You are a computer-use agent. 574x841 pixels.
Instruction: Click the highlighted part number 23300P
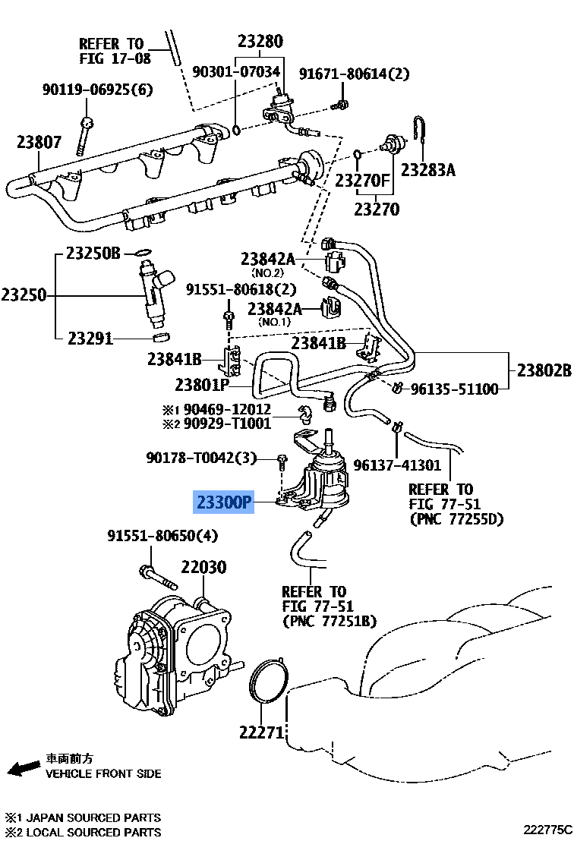[x=223, y=502]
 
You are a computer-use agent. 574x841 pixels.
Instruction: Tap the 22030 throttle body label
[x=203, y=567]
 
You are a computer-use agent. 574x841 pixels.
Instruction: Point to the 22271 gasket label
[x=262, y=732]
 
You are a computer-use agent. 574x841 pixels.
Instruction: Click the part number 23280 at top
[x=260, y=42]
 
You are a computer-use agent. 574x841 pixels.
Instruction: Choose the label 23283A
[x=427, y=170]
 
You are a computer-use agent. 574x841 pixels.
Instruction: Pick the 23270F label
[x=363, y=181]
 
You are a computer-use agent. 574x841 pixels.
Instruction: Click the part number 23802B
[x=543, y=371]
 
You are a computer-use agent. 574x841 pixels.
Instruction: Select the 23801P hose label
[x=202, y=385]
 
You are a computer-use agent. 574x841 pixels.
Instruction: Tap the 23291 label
[x=90, y=338]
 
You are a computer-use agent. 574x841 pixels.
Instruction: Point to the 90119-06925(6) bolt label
[x=96, y=90]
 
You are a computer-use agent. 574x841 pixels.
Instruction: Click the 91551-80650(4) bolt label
[x=162, y=536]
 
